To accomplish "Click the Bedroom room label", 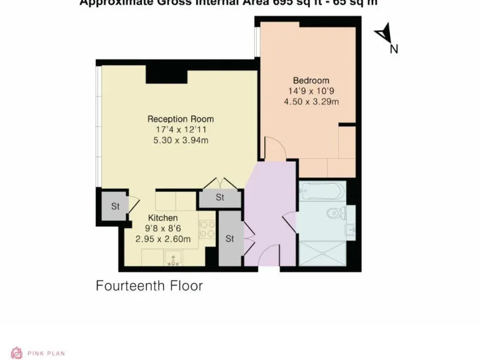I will [x=311, y=81].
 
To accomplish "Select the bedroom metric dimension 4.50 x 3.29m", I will [x=311, y=102].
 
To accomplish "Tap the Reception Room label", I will [x=181, y=119].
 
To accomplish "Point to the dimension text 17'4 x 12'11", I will [x=181, y=129].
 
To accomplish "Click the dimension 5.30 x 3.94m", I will [x=181, y=140].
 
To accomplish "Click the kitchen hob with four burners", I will [x=207, y=232].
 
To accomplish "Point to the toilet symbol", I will [x=336, y=214].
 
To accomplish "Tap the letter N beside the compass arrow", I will [x=394, y=49].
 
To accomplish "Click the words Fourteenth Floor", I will [x=149, y=286].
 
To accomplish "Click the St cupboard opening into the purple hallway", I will [x=229, y=239].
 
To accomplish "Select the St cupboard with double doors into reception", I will [x=219, y=198].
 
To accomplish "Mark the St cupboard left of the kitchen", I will [x=115, y=206].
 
